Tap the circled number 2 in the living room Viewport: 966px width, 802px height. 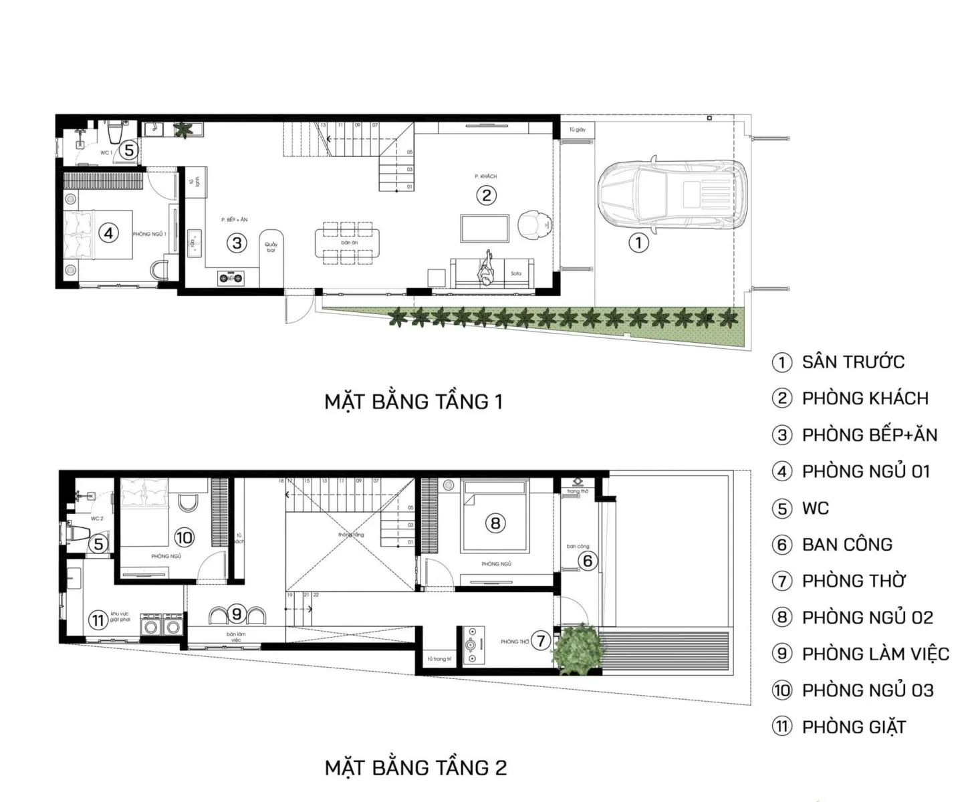click(x=486, y=195)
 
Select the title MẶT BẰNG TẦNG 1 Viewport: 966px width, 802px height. click(x=413, y=402)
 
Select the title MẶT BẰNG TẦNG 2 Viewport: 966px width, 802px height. click(x=416, y=768)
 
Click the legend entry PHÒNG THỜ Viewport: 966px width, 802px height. click(x=853, y=581)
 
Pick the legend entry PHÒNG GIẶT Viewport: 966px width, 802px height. click(x=853, y=726)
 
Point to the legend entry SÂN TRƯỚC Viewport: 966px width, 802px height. click(x=852, y=362)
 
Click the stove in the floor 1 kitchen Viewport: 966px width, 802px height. click(x=231, y=277)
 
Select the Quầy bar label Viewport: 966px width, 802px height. click(x=271, y=247)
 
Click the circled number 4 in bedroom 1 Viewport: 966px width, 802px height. click(x=108, y=233)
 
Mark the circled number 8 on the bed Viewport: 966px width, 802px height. click(x=495, y=523)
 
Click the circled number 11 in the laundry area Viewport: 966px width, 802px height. click(x=98, y=620)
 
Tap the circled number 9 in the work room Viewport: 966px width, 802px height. click(x=236, y=613)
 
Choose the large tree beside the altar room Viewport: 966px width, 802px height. click(x=579, y=648)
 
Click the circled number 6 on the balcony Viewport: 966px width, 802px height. click(x=588, y=560)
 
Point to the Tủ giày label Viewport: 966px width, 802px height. click(x=577, y=130)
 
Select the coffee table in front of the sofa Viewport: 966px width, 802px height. click(x=485, y=229)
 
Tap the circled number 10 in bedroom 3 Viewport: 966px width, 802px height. click(x=184, y=537)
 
